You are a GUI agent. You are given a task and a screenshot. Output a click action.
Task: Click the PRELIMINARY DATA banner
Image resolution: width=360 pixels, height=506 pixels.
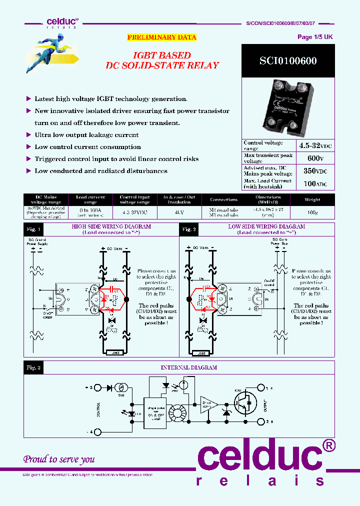coord(161,37)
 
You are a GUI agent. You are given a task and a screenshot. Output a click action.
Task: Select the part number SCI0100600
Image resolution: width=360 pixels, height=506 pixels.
coord(287,61)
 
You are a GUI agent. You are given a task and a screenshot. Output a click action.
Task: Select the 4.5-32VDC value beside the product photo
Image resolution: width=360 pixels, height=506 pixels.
coord(314,145)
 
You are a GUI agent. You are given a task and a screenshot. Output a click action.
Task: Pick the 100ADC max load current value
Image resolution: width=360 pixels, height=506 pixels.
coord(314,184)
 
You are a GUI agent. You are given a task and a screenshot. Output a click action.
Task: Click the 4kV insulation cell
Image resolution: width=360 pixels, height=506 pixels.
coord(178,211)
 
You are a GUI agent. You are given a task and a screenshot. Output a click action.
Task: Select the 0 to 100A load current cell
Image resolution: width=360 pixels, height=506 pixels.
coord(90,211)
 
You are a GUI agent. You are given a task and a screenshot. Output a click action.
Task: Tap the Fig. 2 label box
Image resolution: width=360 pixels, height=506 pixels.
coord(189,229)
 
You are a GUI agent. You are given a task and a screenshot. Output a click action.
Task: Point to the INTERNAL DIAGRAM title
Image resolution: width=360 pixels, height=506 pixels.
coord(188,367)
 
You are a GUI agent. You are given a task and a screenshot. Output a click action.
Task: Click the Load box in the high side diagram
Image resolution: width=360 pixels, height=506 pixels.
coord(115,353)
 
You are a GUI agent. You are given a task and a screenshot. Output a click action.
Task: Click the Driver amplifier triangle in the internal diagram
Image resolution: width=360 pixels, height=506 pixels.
coord(208,403)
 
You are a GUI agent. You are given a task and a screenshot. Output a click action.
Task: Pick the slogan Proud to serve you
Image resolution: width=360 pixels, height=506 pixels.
coord(59,459)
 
